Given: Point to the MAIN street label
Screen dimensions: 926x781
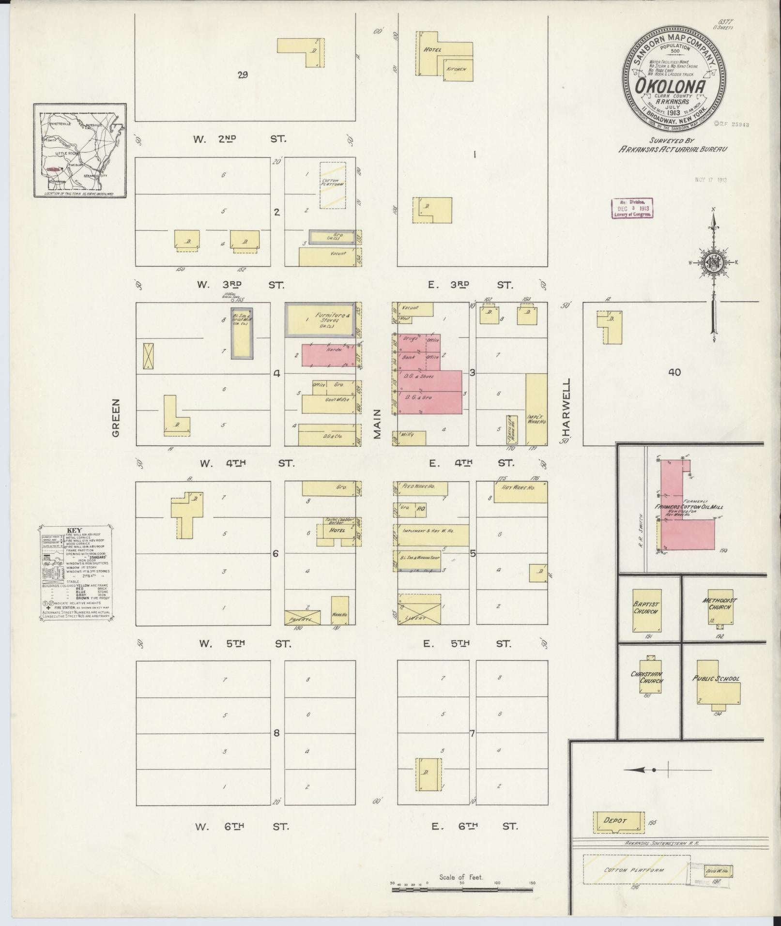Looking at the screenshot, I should (378, 424).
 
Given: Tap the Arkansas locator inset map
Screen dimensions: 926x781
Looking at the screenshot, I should (80, 151).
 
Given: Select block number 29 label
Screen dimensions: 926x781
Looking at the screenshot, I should (243, 75).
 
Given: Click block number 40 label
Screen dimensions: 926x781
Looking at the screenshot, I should (674, 372).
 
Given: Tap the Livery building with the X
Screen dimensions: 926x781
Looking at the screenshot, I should (419, 610).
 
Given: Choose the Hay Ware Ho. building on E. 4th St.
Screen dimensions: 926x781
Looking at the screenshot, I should (520, 492).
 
